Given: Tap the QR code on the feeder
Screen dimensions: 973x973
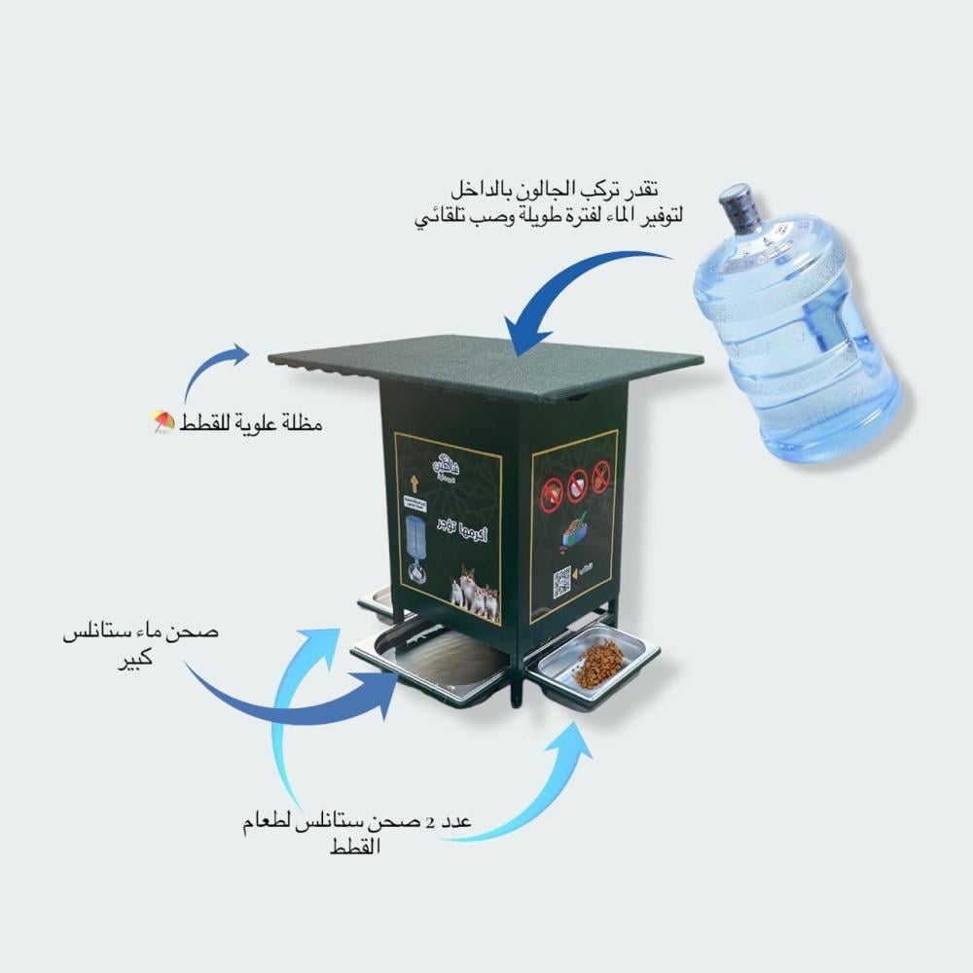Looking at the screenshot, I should pyautogui.click(x=562, y=581).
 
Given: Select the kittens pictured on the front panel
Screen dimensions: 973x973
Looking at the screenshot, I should pyautogui.click(x=475, y=592).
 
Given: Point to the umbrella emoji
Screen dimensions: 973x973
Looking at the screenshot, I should pyautogui.click(x=162, y=421).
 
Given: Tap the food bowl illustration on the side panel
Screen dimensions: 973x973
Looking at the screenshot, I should pyautogui.click(x=573, y=533).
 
